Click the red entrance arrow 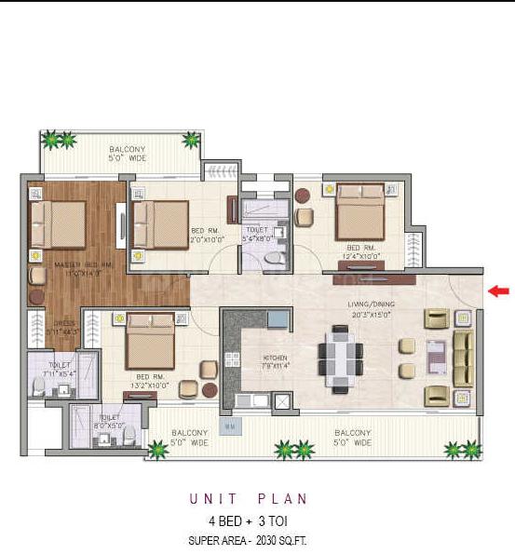point(499,291)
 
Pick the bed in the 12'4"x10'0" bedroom point(360,214)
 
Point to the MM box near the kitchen point(228,427)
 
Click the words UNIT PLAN point(257,499)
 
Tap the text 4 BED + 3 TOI point(257,520)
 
